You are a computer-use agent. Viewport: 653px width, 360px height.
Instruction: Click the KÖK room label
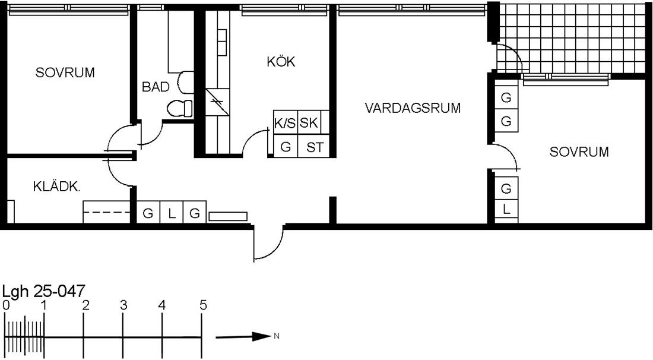point(281,62)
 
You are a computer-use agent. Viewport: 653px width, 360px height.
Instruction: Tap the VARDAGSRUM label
point(413,108)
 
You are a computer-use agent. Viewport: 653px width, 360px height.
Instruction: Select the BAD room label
point(156,87)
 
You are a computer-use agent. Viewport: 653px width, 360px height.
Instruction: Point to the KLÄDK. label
point(56,187)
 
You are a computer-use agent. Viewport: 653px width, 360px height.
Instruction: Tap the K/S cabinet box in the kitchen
point(286,122)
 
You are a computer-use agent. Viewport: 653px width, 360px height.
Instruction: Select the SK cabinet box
point(310,122)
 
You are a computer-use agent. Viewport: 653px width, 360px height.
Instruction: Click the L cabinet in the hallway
point(172,213)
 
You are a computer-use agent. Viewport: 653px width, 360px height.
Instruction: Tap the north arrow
point(243,336)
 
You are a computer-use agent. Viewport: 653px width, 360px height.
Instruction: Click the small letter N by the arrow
point(277,336)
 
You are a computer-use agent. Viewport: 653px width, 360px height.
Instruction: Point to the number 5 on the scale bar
point(203,305)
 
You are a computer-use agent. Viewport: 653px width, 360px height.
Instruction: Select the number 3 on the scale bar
point(123,305)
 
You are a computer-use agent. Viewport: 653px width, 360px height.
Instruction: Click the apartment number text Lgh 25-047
point(44,291)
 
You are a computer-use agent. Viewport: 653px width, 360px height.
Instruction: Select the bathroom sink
point(186,82)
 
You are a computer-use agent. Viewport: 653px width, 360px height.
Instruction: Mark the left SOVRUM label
point(65,72)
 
